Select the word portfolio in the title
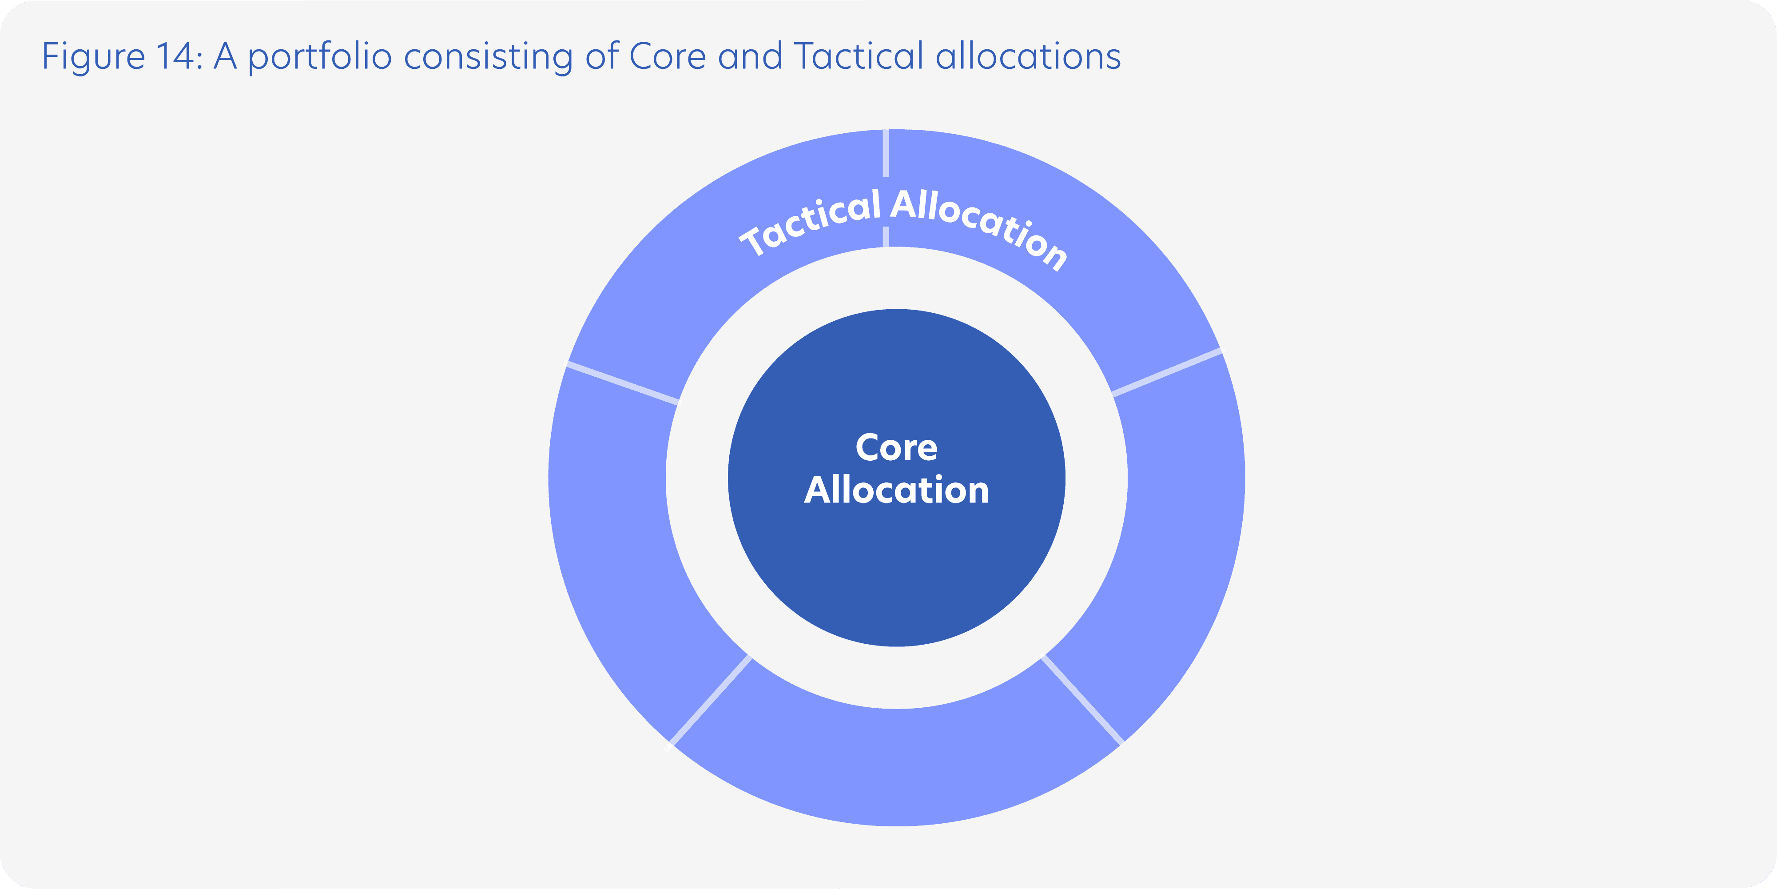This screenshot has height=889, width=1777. click(320, 56)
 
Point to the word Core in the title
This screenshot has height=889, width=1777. click(667, 56)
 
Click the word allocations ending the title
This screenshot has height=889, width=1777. click(1028, 56)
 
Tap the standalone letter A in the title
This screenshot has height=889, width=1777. click(225, 56)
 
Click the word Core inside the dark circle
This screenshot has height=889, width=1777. click(896, 447)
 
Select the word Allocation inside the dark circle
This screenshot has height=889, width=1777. click(896, 490)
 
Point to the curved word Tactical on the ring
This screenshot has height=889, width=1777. click(811, 222)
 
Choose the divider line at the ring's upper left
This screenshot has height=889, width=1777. click(623, 383)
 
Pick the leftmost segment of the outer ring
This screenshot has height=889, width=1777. click(607, 552)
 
